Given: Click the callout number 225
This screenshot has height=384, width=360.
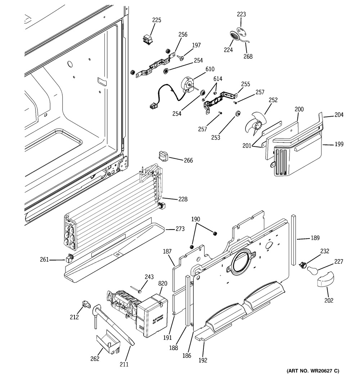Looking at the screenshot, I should [157, 20].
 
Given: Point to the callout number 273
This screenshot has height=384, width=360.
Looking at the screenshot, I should [180, 229].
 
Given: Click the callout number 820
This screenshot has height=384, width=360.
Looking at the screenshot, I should [163, 283].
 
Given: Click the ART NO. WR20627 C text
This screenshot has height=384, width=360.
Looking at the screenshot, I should [312, 371].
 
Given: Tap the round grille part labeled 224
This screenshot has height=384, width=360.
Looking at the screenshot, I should [234, 36].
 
